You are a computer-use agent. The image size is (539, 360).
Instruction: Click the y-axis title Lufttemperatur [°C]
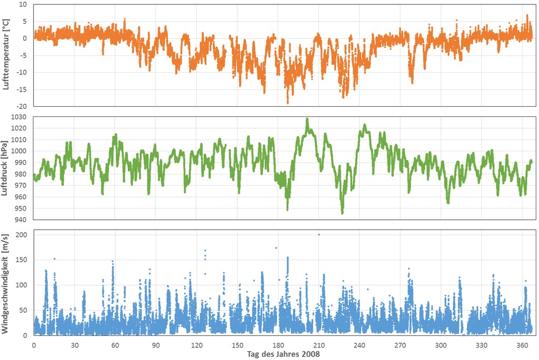click(6, 54)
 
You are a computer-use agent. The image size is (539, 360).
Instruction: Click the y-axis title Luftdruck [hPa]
click(4, 168)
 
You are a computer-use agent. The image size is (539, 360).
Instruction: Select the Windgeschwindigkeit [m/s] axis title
click(5, 284)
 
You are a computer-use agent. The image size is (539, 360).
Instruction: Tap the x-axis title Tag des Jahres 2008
click(284, 354)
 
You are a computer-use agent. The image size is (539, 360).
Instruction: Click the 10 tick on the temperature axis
click(23, 4)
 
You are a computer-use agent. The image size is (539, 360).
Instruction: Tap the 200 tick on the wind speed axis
click(22, 235)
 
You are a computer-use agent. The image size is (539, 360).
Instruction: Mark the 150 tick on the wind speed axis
click(22, 260)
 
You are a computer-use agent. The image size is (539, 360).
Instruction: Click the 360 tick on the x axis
click(522, 345)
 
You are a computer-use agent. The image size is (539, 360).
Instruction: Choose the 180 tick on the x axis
click(278, 345)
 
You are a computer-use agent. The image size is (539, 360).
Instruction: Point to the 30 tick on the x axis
click(74, 345)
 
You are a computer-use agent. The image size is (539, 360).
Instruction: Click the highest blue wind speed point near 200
click(319, 234)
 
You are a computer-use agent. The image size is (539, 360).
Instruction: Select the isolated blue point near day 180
click(276, 248)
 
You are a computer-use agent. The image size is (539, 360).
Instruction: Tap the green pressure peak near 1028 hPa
click(307, 119)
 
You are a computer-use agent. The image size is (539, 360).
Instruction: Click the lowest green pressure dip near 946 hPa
click(342, 213)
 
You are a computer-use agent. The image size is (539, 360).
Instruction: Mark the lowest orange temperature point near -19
click(288, 103)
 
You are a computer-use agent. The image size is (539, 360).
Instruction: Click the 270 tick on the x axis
click(400, 345)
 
